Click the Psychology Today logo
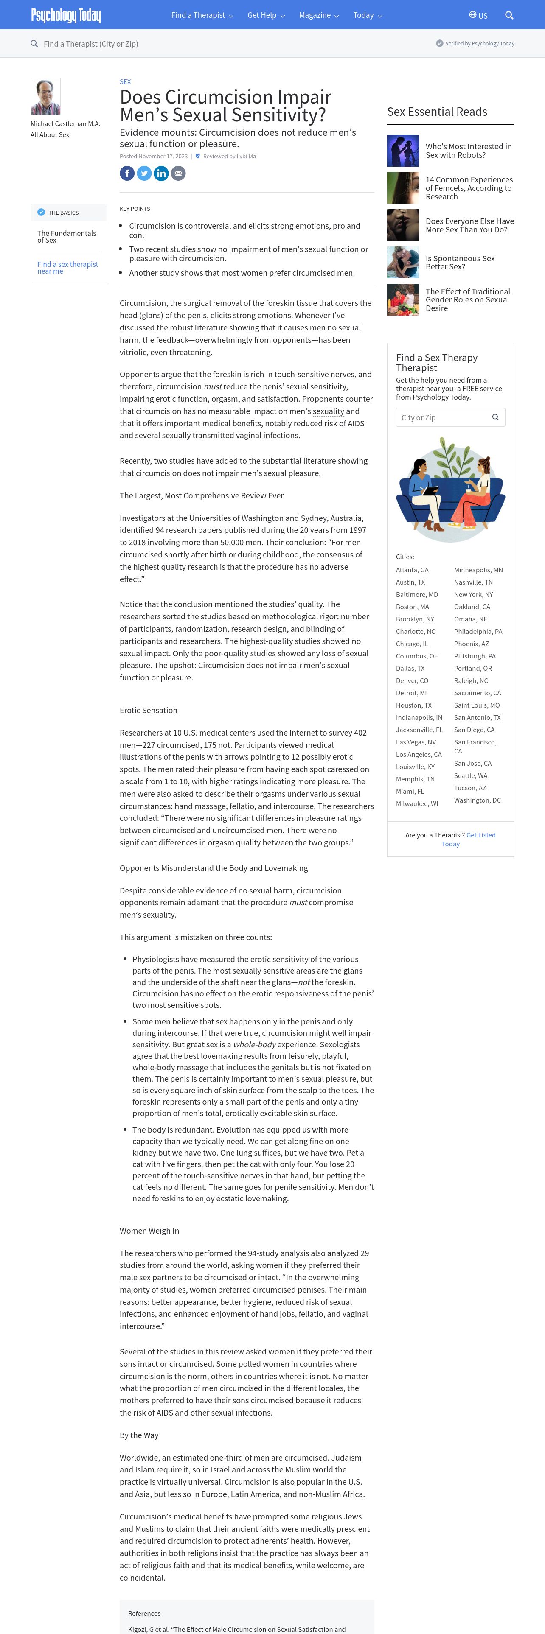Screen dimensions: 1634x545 (66, 15)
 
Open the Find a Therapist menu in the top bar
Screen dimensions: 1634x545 (202, 15)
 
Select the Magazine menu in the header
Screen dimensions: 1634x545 (318, 15)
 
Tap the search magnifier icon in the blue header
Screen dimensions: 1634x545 (509, 15)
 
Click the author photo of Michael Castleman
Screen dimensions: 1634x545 (46, 96)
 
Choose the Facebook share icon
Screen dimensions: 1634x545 (127, 173)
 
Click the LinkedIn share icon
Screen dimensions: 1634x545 (161, 173)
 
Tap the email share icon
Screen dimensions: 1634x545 (178, 173)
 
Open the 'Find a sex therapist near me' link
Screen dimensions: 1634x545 (67, 268)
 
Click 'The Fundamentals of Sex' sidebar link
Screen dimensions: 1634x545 (66, 237)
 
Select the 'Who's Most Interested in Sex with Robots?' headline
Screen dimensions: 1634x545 (468, 150)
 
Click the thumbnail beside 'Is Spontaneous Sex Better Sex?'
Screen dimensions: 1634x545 (403, 262)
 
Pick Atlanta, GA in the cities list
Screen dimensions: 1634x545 (412, 570)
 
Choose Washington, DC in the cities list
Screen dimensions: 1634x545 (477, 800)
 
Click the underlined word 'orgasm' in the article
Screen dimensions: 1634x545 (225, 399)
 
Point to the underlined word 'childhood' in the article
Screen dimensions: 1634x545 (281, 554)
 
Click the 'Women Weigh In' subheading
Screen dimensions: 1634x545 (149, 1231)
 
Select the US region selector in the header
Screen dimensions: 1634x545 (478, 15)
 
